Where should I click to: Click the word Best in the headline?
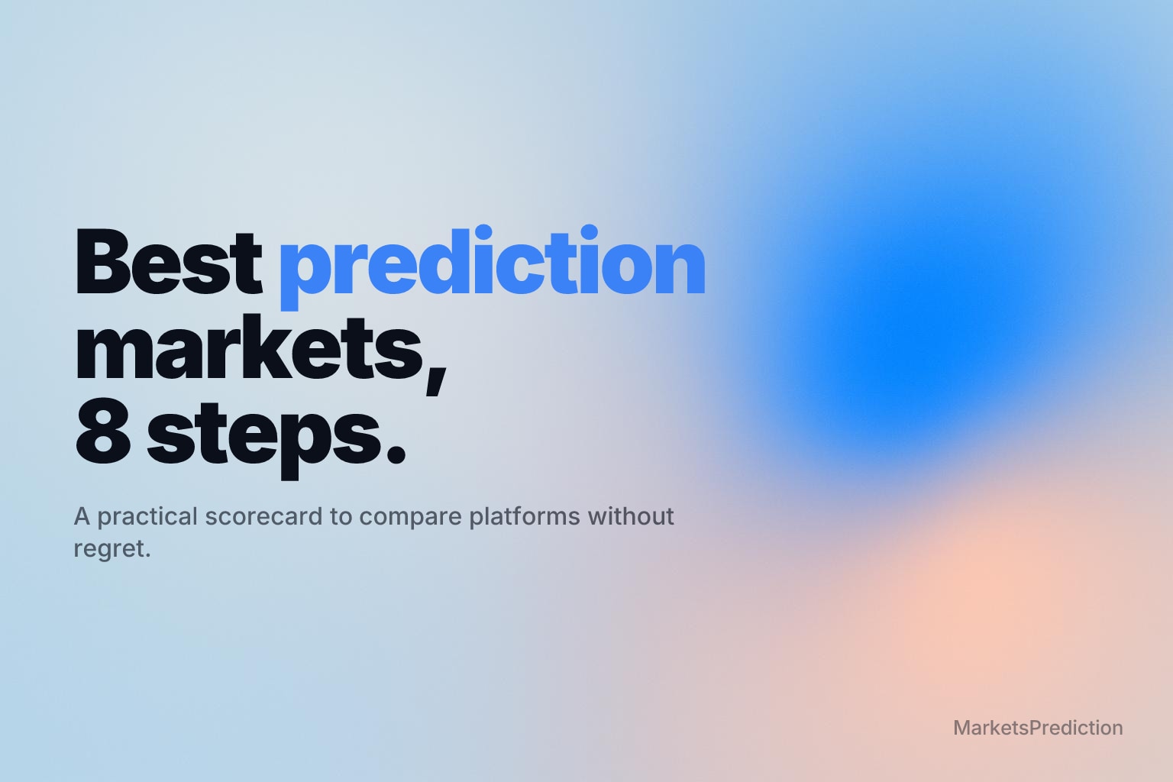click(169, 261)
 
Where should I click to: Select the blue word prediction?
click(493, 267)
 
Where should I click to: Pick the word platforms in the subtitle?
click(525, 517)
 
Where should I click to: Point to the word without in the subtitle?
click(631, 516)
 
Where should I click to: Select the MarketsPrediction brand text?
click(1038, 728)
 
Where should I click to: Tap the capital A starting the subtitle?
click(82, 516)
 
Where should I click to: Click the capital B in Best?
click(99, 261)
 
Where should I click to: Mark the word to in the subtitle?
click(341, 516)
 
